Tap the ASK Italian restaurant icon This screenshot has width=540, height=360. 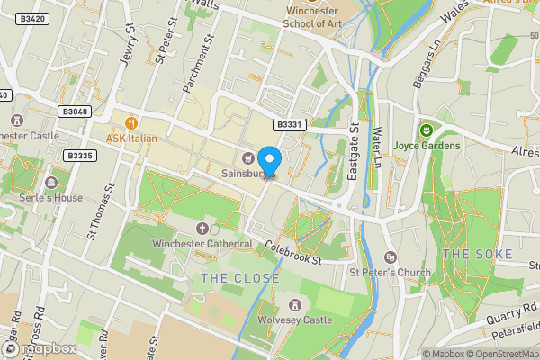(x=131, y=122)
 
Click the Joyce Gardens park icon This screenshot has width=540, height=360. (x=427, y=130)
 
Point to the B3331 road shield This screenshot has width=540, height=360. (x=288, y=125)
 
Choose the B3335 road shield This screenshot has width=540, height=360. (x=79, y=156)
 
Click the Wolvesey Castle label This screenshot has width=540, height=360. (x=297, y=319)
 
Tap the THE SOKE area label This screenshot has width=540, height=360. (x=478, y=255)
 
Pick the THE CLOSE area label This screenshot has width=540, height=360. (x=240, y=278)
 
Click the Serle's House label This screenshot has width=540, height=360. (x=53, y=198)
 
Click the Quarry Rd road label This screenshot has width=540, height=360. (x=505, y=313)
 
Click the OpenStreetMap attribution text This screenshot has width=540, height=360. (x=499, y=354)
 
